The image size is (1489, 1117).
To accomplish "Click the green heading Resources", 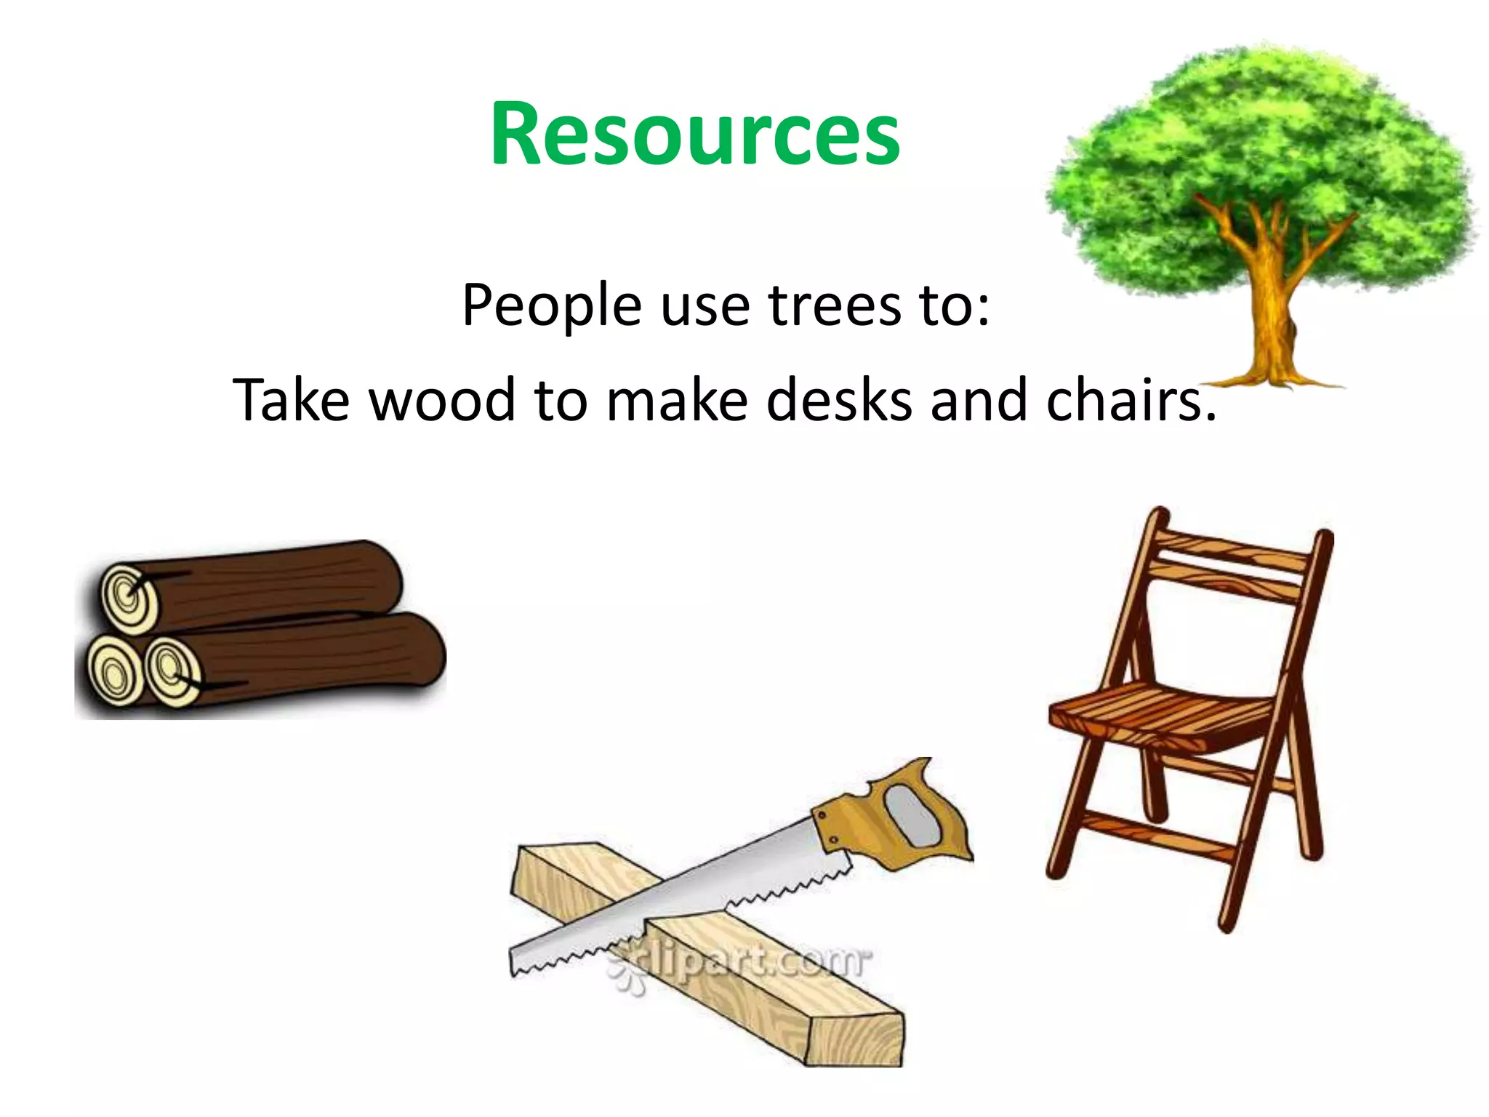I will coord(695,135).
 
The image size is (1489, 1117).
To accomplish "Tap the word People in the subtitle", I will coord(551,305).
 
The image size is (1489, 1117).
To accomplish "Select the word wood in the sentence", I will coord(441,400).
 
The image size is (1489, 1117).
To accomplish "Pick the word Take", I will coord(291,400).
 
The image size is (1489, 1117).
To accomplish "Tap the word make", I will coord(677,400).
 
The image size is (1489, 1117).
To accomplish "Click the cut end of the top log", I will coord(129,598).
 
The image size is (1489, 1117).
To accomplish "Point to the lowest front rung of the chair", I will coord(1156,836).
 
